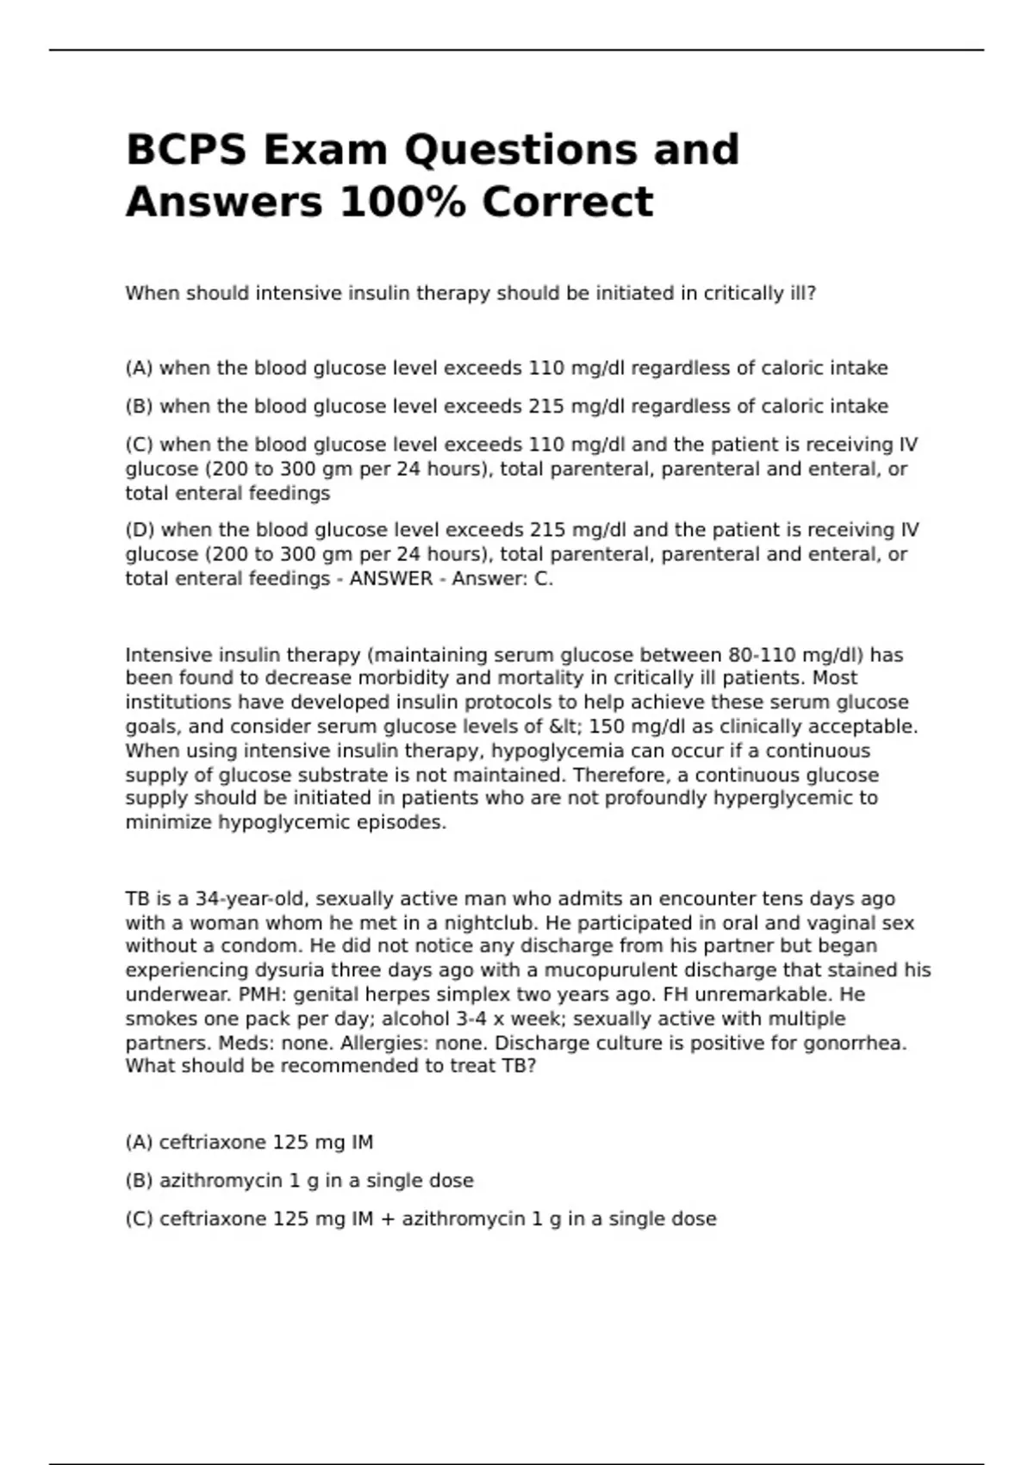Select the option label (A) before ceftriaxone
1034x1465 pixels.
(139, 1143)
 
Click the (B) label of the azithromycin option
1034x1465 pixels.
(139, 1181)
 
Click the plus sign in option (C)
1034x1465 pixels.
(387, 1219)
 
